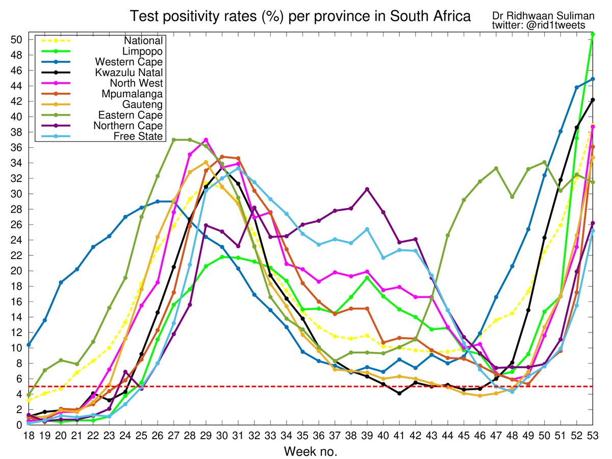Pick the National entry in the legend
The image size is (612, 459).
point(146,41)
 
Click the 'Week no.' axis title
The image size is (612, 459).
point(311,451)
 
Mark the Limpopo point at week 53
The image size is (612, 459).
point(593,34)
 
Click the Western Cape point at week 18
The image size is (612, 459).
point(29,345)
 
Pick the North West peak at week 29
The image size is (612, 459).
point(206,140)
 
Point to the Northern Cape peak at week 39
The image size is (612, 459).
point(367,189)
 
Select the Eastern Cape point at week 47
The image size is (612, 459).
point(496,168)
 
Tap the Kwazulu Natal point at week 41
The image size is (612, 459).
point(399,393)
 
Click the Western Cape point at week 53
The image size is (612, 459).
point(593,79)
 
